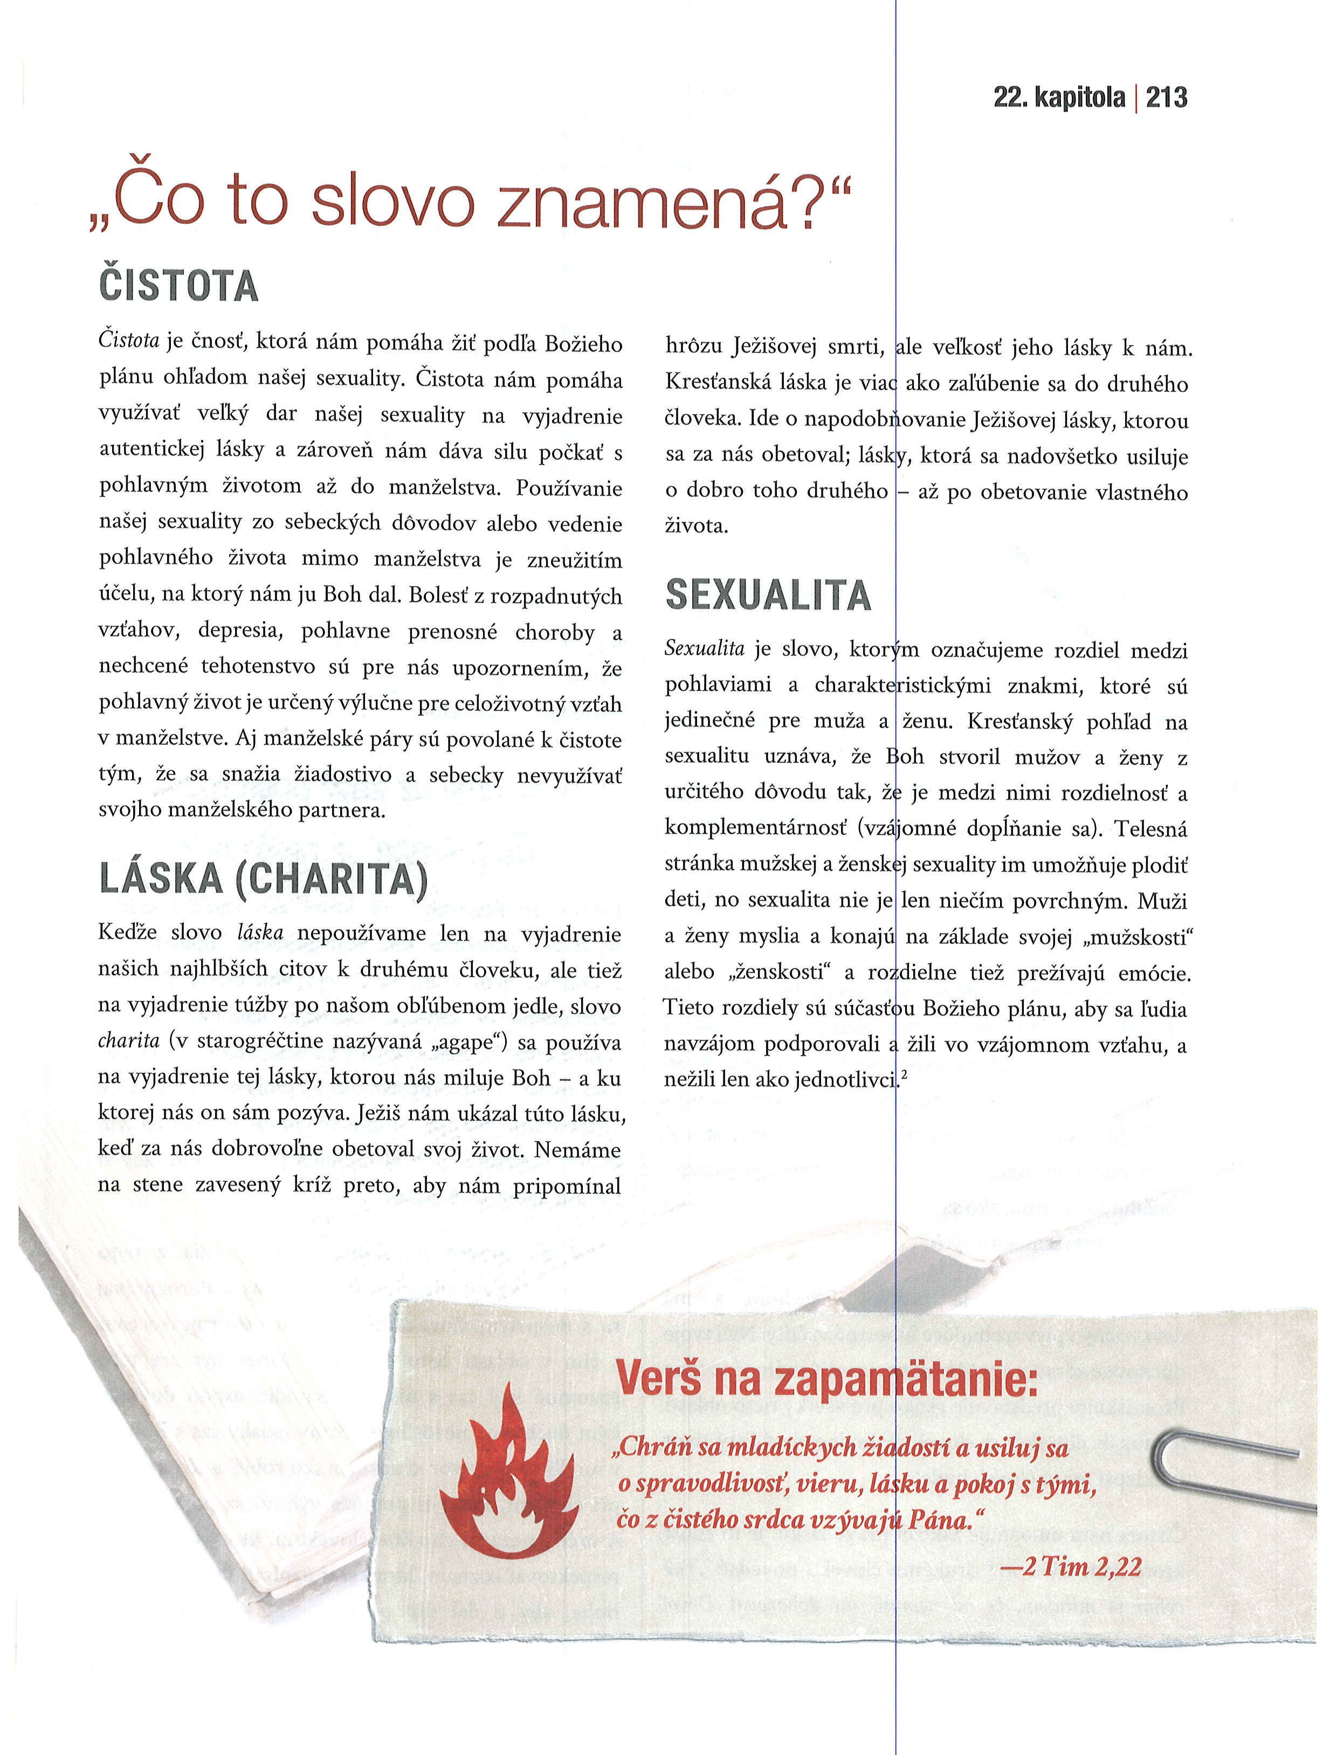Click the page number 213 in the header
point(1167,98)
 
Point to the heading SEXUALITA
point(768,595)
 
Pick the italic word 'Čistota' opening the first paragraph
point(129,341)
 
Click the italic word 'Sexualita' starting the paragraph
point(704,649)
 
